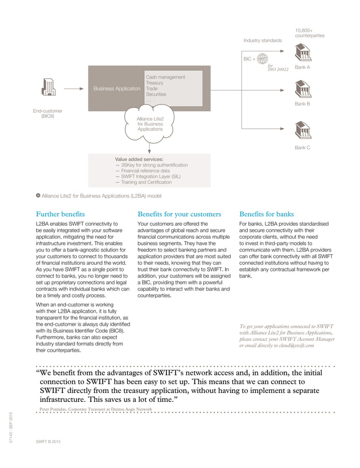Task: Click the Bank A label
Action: pyautogui.click(x=303, y=67)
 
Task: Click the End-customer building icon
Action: pyautogui.click(x=48, y=89)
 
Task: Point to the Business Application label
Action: pyautogui.click(x=117, y=89)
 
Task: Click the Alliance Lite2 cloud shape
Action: pyautogui.click(x=150, y=124)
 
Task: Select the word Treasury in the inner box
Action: pyautogui.click(x=155, y=83)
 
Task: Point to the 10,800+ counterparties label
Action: pyautogui.click(x=310, y=32)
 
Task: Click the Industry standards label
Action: pyautogui.click(x=262, y=41)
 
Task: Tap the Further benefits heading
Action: pyautogui.click(x=60, y=215)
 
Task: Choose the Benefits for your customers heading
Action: pyautogui.click(x=179, y=215)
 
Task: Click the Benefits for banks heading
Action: pyautogui.click(x=266, y=215)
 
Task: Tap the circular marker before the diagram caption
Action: pyautogui.click(x=38, y=195)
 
